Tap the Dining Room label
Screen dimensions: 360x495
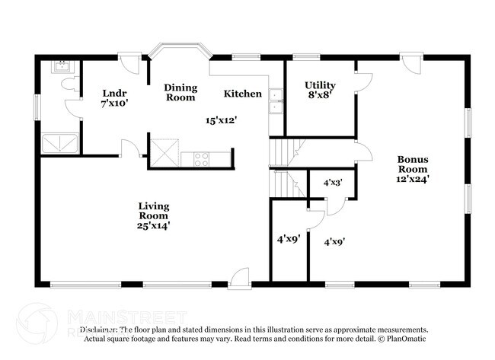coord(180,92)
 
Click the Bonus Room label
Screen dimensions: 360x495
coord(412,164)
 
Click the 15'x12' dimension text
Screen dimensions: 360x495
coord(222,119)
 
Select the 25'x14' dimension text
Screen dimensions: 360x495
coord(153,225)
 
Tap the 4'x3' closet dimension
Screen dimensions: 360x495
coord(333,183)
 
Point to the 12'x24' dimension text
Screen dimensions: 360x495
coord(412,179)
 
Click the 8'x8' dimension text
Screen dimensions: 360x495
coord(320,95)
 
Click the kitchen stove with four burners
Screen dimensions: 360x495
coord(202,158)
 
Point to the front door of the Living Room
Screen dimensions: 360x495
coord(239,278)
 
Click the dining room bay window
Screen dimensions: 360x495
coord(180,52)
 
